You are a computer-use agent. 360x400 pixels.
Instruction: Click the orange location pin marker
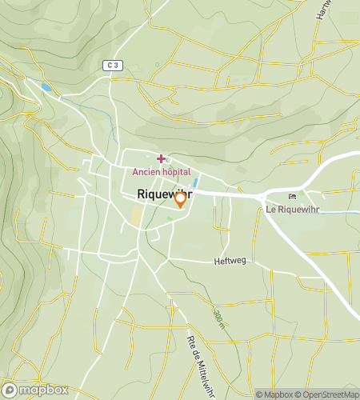181,199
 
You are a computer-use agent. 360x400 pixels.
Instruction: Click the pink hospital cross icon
161,159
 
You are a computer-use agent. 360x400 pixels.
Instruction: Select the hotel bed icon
292,197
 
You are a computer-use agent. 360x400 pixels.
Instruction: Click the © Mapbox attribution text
275,394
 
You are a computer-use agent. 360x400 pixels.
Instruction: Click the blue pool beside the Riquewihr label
195,183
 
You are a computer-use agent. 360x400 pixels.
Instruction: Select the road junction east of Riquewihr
262,196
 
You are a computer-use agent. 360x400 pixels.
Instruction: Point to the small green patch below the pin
169,218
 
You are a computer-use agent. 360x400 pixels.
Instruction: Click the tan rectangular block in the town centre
137,216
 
